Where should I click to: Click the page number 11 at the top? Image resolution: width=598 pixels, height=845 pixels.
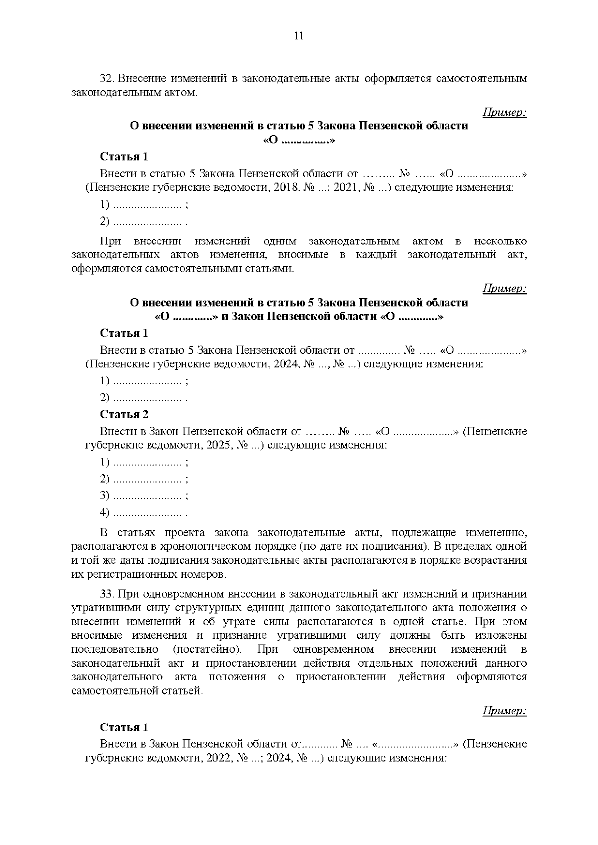tap(299, 35)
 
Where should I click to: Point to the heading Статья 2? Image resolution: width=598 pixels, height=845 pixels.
tap(124, 414)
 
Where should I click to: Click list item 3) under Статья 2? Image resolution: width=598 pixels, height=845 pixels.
tap(105, 495)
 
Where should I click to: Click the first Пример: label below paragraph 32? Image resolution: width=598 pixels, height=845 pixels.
tap(504, 112)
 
